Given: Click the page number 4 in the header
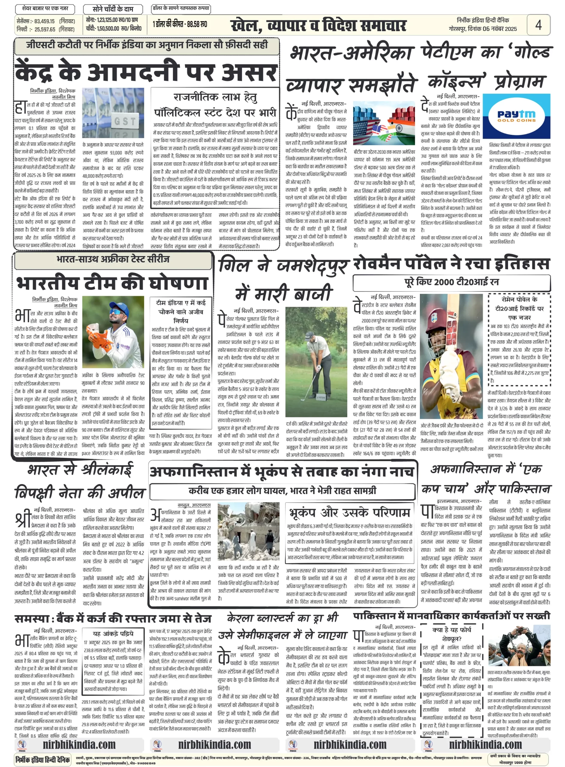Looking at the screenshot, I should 538,25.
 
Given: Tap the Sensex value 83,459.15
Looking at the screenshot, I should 44,21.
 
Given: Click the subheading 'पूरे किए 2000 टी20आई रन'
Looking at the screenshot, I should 451,282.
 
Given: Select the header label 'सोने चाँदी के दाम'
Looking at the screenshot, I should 113,9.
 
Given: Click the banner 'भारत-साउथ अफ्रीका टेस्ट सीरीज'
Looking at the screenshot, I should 113,259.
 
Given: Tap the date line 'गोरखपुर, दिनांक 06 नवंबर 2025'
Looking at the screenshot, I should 482,29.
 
